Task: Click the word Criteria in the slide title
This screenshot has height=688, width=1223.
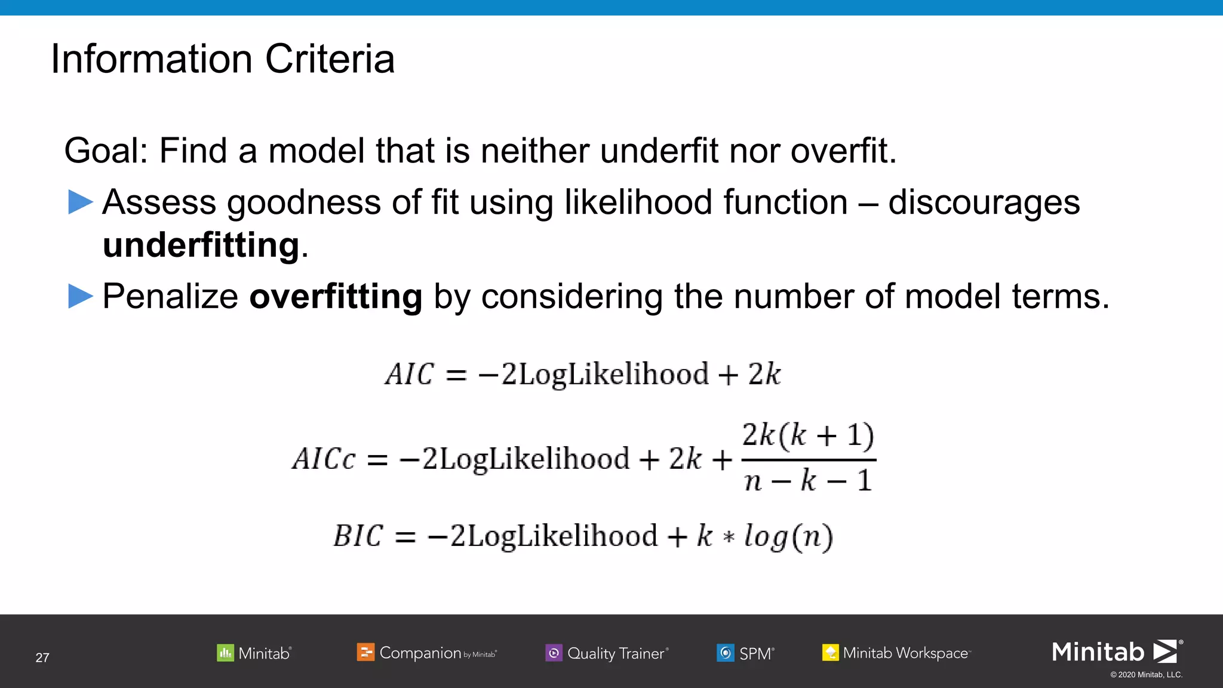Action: tap(330, 59)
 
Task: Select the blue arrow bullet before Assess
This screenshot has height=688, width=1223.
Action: tap(81, 202)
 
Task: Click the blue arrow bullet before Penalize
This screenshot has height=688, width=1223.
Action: tap(81, 296)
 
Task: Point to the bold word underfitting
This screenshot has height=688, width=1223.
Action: tap(201, 245)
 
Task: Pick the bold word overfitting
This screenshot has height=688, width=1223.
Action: tap(336, 296)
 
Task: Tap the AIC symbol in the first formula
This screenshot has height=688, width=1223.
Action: tap(410, 375)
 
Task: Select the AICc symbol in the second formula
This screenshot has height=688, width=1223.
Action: tap(324, 460)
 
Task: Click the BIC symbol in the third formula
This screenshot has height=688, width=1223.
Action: tap(358, 536)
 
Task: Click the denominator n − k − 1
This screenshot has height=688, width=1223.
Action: tap(808, 480)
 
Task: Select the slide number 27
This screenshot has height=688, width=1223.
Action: tap(42, 658)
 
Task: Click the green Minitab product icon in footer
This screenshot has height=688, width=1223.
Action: tap(225, 653)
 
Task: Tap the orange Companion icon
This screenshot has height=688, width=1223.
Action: tap(365, 652)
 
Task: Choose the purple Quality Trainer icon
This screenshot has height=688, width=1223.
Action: tap(554, 653)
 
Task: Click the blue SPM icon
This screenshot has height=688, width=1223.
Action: tap(726, 653)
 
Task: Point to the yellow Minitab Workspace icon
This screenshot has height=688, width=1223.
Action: tap(830, 653)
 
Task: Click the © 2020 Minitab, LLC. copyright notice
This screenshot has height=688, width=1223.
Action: tap(1146, 675)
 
